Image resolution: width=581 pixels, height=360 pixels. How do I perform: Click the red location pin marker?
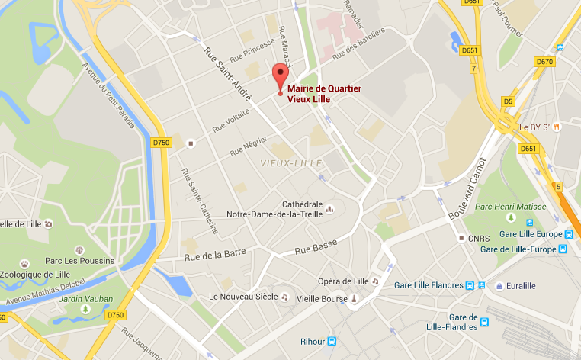pos(280,79)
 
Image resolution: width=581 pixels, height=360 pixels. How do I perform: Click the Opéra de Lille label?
pos(345,281)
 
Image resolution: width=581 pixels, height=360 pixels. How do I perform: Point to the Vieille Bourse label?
pos(321,298)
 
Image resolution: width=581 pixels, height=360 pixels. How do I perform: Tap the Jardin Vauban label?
pos(87,298)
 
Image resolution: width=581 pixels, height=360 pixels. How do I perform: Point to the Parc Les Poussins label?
pos(79,261)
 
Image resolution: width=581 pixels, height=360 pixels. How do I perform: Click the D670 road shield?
pos(544,61)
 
